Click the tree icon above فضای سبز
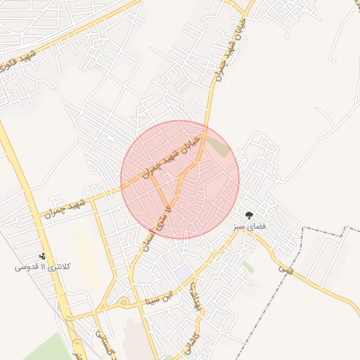pos(249,215)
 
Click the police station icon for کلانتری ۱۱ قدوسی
pos(43,256)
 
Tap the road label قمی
pos(284,268)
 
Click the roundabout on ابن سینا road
pos(124,303)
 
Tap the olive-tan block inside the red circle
pos(219,148)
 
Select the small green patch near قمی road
pos(247,267)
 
